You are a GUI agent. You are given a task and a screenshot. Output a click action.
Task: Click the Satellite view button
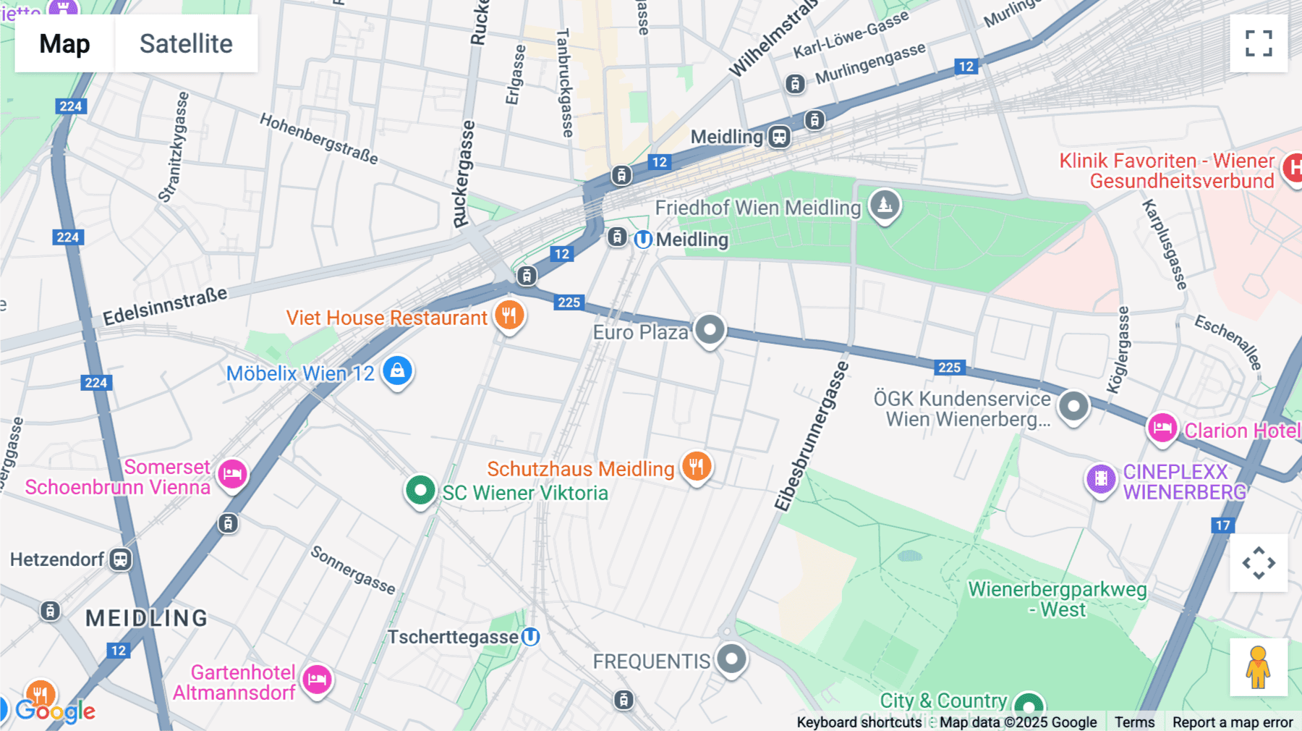pos(186,43)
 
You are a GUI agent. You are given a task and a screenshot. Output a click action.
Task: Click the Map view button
pos(64,43)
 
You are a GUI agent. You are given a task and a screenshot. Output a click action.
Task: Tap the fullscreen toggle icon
pos(1259,43)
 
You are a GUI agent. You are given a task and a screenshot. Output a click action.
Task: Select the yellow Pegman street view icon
pos(1258,667)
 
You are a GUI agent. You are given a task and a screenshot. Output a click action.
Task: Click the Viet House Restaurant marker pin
pos(509,316)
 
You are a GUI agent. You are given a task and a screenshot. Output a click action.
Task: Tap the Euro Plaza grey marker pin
pos(710,330)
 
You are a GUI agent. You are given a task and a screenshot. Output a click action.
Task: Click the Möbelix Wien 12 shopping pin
pos(397,371)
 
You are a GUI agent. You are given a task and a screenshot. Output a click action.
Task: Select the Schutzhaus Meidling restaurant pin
pos(697,467)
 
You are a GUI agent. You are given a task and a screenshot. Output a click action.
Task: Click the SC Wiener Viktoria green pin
pos(420,491)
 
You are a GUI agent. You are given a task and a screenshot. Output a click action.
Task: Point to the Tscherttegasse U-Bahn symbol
pos(531,637)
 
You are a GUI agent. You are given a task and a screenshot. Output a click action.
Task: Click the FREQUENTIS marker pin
pos(731,659)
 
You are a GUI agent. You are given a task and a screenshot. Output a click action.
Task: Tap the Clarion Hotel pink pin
pos(1162,428)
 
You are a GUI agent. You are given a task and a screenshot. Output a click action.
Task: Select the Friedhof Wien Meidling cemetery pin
pos(884,206)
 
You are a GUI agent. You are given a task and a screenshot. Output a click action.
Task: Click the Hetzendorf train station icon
pos(120,559)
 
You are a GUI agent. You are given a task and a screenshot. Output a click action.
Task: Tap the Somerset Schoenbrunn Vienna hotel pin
pos(232,475)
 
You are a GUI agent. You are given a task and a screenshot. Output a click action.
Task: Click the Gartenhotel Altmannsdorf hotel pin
pos(317,680)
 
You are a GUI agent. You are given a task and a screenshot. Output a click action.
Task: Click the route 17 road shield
pos(1222,525)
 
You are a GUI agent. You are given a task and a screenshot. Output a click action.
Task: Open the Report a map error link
pos(1233,722)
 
